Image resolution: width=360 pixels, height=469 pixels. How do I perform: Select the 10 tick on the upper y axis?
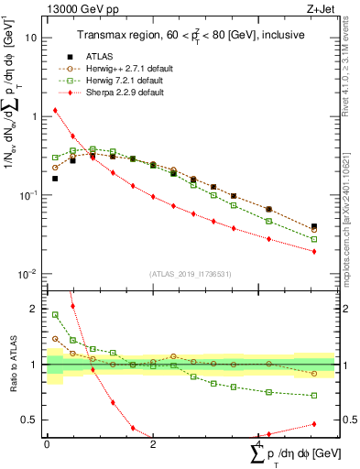[x=32, y=38]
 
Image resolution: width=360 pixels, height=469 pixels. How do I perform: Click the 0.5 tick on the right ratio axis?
[x=348, y=420]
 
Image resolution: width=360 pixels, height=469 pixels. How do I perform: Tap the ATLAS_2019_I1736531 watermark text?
[x=191, y=274]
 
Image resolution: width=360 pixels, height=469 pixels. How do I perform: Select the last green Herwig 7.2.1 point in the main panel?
[x=314, y=239]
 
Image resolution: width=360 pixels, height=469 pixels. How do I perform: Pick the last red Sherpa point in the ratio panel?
[x=314, y=424]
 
